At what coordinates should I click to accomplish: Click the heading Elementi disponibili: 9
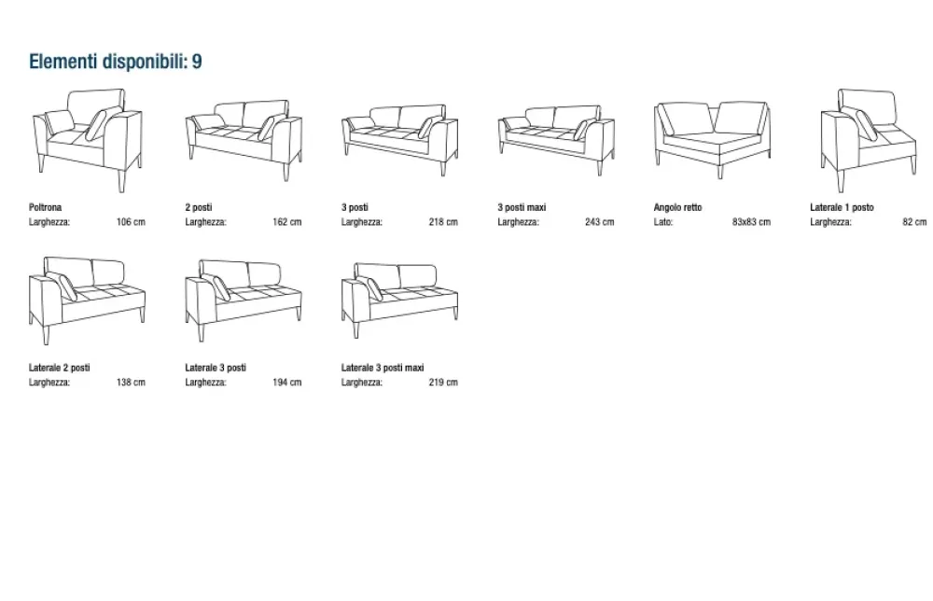116,62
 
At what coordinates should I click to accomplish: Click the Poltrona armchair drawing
88,140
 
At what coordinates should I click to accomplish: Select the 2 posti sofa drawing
244,140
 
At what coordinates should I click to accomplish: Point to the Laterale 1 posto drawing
869,140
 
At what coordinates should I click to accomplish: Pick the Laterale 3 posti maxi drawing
400,300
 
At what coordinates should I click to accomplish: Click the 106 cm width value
131,222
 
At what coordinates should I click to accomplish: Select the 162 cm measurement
287,222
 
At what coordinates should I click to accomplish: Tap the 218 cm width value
443,222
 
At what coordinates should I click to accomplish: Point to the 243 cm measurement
600,222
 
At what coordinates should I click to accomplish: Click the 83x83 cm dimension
751,222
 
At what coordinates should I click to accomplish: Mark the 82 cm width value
914,222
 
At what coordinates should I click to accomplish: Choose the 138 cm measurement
131,382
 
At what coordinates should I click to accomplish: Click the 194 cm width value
287,382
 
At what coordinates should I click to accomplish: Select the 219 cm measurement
443,382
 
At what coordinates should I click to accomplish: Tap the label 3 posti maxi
522,208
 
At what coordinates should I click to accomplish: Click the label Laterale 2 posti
60,368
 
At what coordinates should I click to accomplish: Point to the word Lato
662,222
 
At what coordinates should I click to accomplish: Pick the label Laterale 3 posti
216,368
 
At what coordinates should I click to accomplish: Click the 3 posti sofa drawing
400,140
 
